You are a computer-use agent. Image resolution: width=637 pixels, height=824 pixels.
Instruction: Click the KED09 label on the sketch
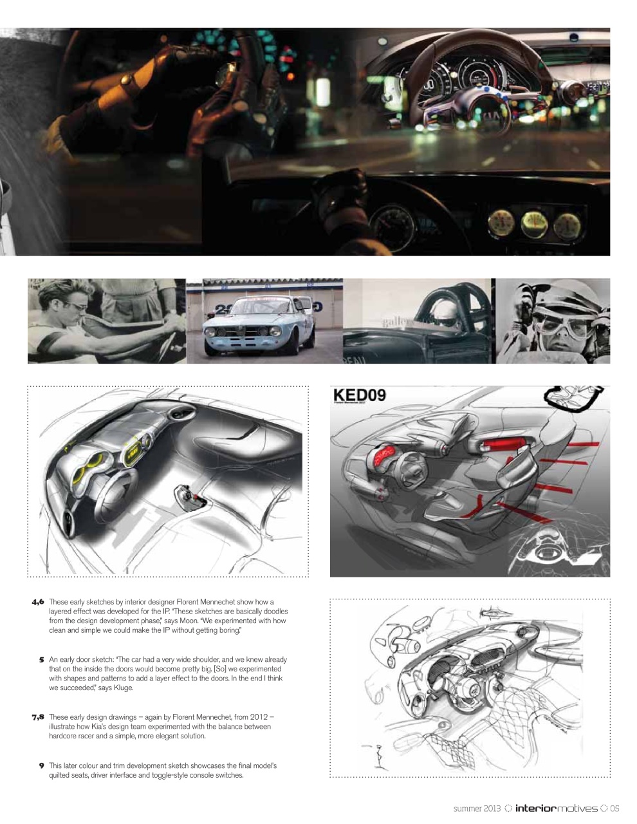360,395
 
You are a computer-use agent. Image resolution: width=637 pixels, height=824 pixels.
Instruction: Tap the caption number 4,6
37,603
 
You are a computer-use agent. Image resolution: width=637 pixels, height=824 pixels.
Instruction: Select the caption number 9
41,765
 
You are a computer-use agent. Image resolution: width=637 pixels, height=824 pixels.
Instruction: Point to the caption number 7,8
37,716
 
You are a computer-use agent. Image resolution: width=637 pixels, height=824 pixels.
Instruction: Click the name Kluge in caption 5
122,688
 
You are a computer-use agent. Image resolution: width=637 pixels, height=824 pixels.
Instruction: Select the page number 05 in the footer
614,808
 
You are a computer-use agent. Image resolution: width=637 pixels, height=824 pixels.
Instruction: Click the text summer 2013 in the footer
477,808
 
